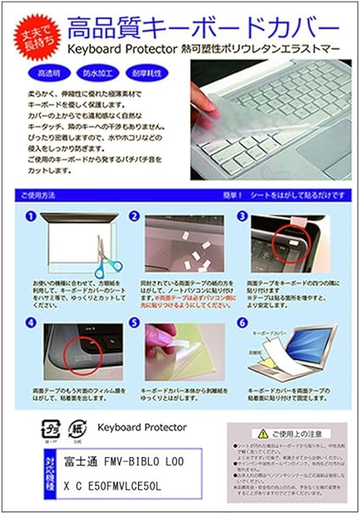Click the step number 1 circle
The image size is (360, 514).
(x=30, y=217)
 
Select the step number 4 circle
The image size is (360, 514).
(x=30, y=322)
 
